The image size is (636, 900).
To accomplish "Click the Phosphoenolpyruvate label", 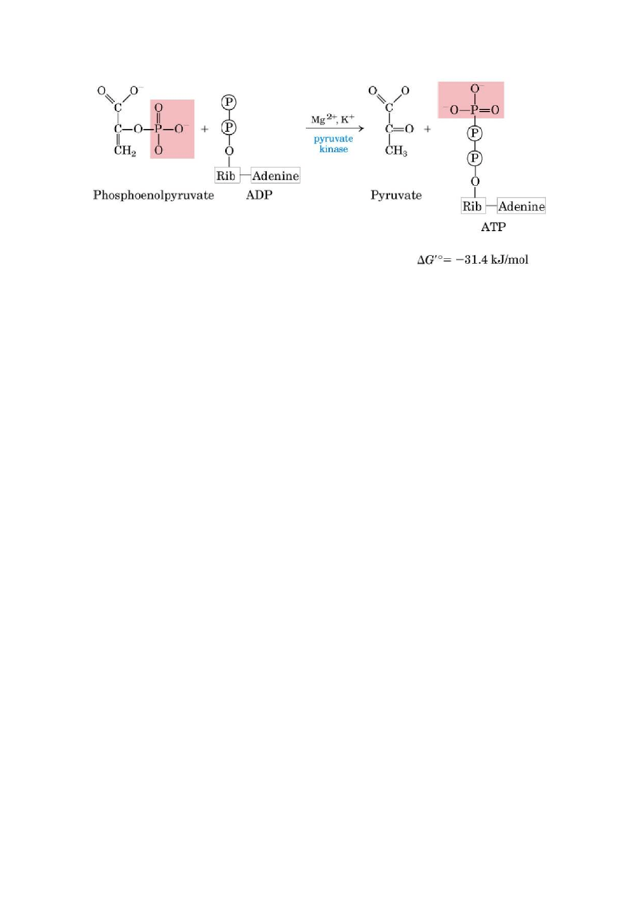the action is coord(153,195).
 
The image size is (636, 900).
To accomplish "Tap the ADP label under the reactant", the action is coord(259,195).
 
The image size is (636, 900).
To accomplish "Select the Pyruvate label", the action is coord(396,195).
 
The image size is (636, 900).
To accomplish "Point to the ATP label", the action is coord(493,227).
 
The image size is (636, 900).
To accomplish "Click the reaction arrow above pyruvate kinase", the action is coord(335,129).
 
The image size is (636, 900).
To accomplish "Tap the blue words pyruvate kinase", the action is coord(333,144).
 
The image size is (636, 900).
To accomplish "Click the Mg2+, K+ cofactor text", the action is coord(333,120).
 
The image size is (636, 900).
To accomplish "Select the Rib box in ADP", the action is coord(227,175).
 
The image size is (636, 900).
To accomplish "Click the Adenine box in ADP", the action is coord(275,175).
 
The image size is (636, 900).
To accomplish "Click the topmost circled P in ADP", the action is coord(229,102).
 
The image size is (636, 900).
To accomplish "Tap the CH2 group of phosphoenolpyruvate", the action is coord(125,151).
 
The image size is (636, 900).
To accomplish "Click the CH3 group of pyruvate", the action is coord(396,151).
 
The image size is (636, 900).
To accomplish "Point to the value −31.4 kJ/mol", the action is coord(492,259).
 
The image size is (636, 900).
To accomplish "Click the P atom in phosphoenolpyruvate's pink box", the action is coord(158,129).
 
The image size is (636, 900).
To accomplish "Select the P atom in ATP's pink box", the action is coord(475,109).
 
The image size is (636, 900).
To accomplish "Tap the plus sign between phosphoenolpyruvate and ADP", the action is coord(205,129).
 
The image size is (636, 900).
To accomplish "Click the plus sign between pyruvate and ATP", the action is coord(427,129).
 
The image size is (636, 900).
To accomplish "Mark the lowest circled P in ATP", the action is coord(474,159).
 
